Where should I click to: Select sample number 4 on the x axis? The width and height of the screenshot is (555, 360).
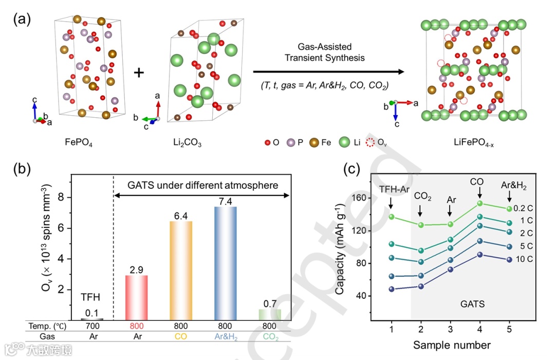[x=479, y=329]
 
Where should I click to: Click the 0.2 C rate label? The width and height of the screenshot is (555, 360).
[x=524, y=208]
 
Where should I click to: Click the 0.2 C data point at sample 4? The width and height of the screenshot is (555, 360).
[x=480, y=203]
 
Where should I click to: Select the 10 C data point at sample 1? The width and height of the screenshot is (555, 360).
[x=392, y=289]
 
